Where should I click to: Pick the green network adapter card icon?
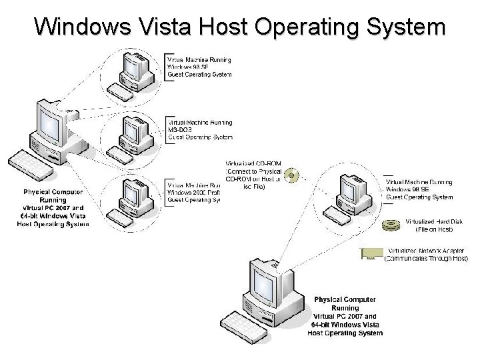(371, 253)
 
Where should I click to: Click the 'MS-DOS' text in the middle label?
(181, 129)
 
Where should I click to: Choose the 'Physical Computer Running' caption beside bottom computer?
(345, 303)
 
